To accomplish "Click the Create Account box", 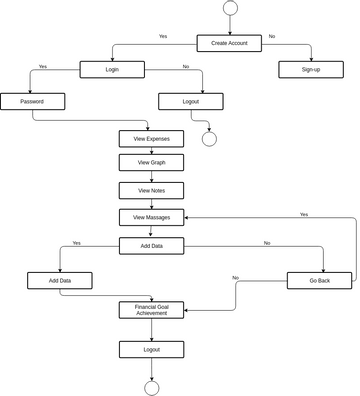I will click(x=229, y=43).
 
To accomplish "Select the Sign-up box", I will click(x=311, y=69).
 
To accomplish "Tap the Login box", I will click(x=112, y=69).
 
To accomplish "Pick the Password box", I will click(x=32, y=101).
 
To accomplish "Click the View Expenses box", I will click(x=151, y=139).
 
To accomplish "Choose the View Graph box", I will click(x=151, y=162).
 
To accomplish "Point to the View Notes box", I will click(x=151, y=190).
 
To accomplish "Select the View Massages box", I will click(x=151, y=217).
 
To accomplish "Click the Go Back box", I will click(x=319, y=281).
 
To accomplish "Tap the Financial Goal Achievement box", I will click(x=151, y=310).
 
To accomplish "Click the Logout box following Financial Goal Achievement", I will click(x=151, y=349).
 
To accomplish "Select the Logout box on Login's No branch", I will click(x=191, y=101).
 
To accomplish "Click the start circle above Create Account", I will click(x=230, y=8).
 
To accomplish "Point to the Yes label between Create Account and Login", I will click(x=163, y=36).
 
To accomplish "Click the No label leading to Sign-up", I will click(x=271, y=36).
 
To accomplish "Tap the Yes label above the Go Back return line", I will click(x=303, y=214).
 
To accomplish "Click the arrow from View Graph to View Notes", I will click(x=151, y=176).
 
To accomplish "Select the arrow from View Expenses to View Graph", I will click(x=151, y=150).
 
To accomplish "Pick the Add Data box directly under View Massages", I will click(x=151, y=245).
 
